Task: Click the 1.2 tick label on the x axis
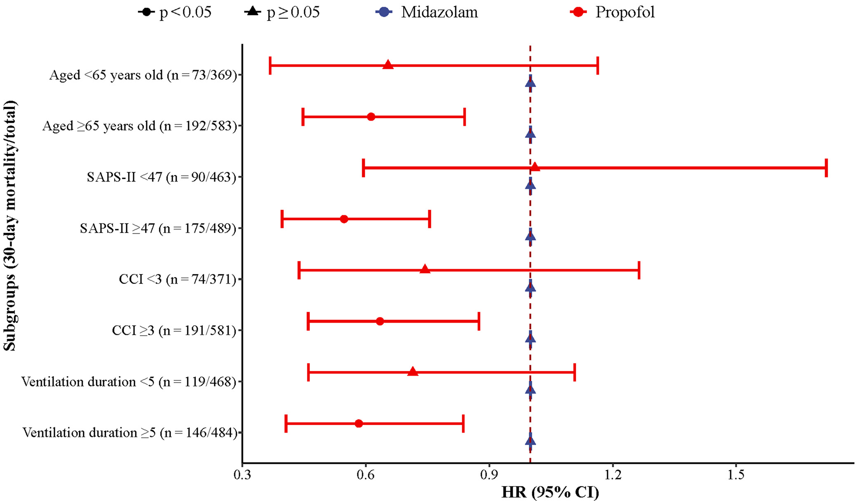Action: [x=613, y=475]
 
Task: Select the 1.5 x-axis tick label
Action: [x=736, y=475]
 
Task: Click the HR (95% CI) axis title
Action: [x=550, y=492]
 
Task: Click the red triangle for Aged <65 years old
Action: [x=388, y=65]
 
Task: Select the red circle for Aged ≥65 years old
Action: [x=371, y=117]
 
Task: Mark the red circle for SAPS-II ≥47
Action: [x=344, y=219]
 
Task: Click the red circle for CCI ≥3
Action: [x=380, y=321]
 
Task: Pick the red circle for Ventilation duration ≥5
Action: [x=359, y=424]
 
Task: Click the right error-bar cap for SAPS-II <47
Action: [x=826, y=168]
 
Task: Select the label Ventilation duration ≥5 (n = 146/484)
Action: [x=129, y=433]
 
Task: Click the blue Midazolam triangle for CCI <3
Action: [x=531, y=287]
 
